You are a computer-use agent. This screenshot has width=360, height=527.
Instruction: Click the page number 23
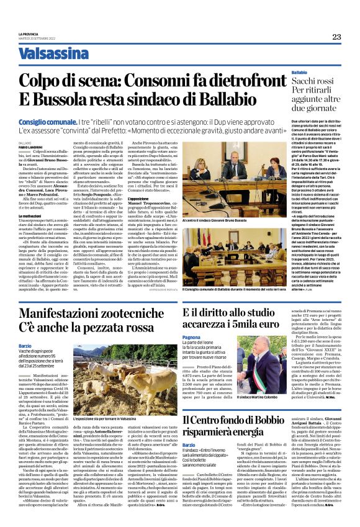coord(336,37)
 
